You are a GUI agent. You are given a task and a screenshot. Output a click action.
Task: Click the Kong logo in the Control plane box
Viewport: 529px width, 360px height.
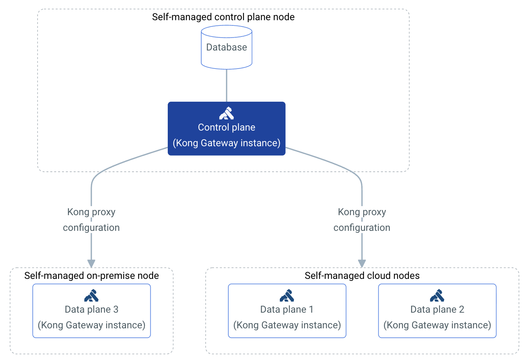click(x=227, y=114)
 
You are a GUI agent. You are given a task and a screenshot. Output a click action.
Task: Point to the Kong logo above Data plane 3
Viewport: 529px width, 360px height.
click(x=92, y=296)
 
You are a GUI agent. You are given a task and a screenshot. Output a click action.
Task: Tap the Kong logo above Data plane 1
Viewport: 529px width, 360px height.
click(x=287, y=296)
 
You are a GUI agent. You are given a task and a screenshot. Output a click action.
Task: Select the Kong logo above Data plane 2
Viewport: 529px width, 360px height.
click(x=437, y=296)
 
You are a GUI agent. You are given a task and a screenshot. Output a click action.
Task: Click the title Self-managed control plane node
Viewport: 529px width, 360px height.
click(x=223, y=17)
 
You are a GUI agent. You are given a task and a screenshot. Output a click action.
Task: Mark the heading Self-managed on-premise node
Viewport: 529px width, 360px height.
click(x=92, y=276)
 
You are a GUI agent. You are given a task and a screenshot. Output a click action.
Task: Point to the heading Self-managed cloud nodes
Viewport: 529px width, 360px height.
click(x=362, y=276)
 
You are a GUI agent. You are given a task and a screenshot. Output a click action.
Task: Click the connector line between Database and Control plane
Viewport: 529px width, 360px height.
click(x=227, y=85)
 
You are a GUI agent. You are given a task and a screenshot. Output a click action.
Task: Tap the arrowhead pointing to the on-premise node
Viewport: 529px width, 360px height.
click(x=91, y=264)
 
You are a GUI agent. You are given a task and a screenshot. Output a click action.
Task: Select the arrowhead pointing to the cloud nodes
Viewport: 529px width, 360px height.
click(x=362, y=264)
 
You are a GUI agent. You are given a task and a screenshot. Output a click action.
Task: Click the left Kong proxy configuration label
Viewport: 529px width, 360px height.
click(x=91, y=220)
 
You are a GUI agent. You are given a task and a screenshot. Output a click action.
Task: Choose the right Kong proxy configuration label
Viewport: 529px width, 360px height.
click(x=362, y=220)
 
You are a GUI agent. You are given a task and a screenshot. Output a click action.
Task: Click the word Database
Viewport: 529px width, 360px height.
click(x=227, y=47)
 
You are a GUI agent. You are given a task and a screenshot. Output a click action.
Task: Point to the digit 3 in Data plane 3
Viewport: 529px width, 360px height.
click(x=116, y=310)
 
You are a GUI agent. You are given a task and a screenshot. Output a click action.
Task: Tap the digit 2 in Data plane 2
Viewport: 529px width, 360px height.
click(x=461, y=310)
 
